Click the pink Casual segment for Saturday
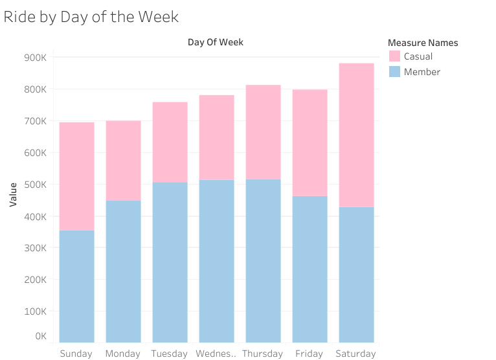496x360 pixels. coord(356,135)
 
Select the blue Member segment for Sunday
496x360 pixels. coord(76,286)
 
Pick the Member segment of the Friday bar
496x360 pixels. coord(310,269)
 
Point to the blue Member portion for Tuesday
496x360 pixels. coord(170,262)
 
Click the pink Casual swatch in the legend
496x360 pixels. coord(394,56)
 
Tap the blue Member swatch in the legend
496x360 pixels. coord(394,72)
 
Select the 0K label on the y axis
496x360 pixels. coord(39,337)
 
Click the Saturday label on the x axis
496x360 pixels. coord(355,354)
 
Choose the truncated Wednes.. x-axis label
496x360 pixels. coord(216,354)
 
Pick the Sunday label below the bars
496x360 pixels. coord(76,354)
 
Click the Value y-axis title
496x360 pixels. coord(13,194)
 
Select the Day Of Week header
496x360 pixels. coord(216,43)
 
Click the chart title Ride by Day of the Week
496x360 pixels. coord(91,16)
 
